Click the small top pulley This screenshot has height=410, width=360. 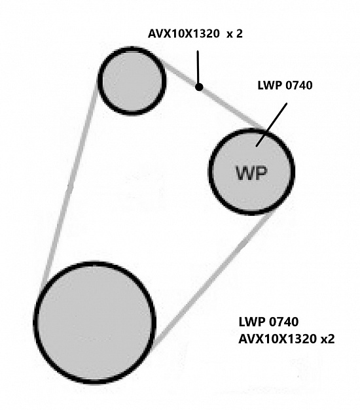132,81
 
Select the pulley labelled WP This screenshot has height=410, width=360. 251,171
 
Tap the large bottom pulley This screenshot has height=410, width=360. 95,322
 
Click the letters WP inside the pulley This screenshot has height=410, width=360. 251,173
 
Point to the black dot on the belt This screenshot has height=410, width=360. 199,87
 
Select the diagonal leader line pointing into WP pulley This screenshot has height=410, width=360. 272,124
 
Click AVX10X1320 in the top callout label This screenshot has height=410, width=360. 184,34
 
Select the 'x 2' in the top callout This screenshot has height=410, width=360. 235,34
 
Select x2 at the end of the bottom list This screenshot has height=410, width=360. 327,339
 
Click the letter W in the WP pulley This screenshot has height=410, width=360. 245,173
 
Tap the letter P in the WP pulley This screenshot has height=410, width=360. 261,173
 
